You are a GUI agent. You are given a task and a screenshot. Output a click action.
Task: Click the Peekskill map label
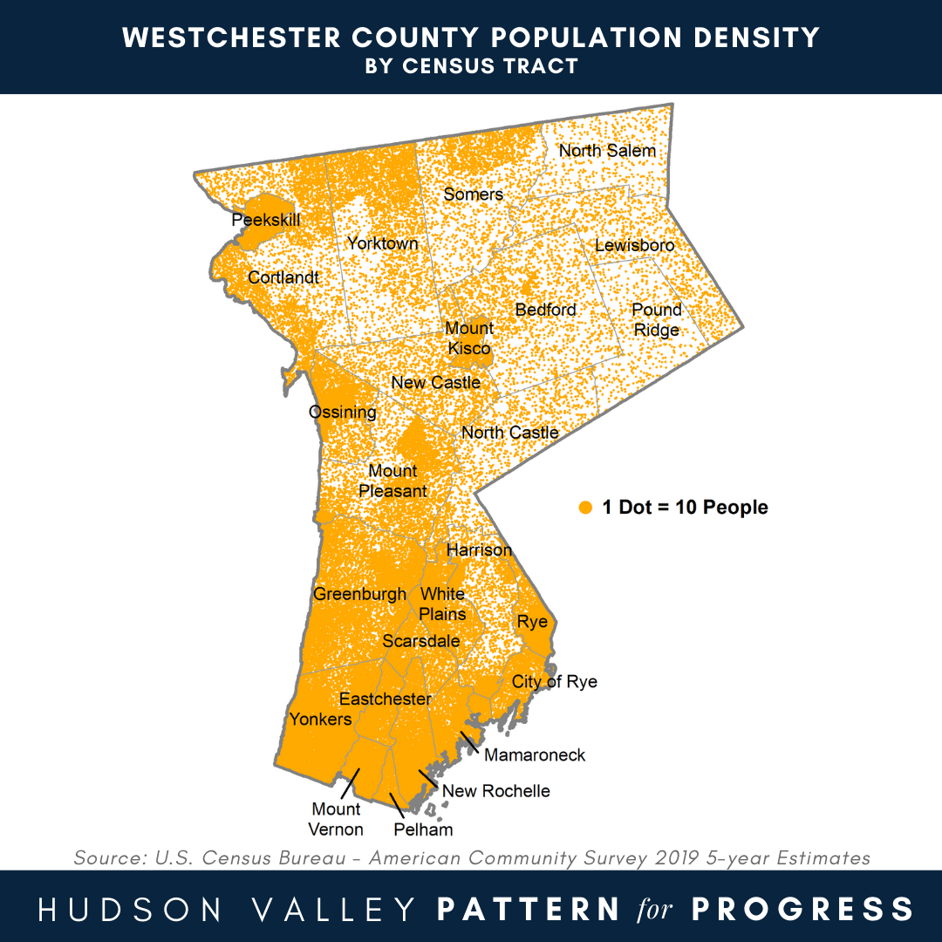pyautogui.click(x=266, y=220)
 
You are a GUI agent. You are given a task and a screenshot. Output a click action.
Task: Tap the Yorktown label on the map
pyautogui.click(x=383, y=243)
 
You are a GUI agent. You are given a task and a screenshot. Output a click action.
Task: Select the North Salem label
pyautogui.click(x=607, y=150)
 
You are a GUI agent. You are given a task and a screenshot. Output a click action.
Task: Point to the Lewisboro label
pyautogui.click(x=634, y=246)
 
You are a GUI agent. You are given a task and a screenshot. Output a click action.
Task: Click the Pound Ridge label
pyautogui.click(x=657, y=320)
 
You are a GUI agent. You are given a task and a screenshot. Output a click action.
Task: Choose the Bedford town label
pyautogui.click(x=546, y=310)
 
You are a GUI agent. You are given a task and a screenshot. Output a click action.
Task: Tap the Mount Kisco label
pyautogui.click(x=469, y=338)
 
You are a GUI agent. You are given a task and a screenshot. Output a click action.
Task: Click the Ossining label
pyautogui.click(x=343, y=413)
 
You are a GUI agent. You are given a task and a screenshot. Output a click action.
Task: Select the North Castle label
pyautogui.click(x=510, y=433)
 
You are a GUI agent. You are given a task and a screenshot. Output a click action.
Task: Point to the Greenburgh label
pyautogui.click(x=359, y=595)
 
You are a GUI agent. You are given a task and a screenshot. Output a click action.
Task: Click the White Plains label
pyautogui.click(x=442, y=604)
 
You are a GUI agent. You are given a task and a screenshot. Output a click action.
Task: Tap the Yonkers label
pyautogui.click(x=320, y=720)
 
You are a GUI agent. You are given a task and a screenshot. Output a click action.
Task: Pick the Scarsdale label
pyautogui.click(x=421, y=641)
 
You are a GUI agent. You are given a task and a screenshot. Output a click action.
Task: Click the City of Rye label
pyautogui.click(x=555, y=681)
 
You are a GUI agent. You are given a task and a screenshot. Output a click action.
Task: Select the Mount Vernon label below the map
pyautogui.click(x=337, y=819)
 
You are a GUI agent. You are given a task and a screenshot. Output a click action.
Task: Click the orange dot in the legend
pyautogui.click(x=585, y=508)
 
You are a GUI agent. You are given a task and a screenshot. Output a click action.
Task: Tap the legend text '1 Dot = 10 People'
pyautogui.click(x=686, y=508)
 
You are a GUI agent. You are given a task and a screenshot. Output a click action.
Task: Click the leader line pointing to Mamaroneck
pyautogui.click(x=469, y=740)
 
